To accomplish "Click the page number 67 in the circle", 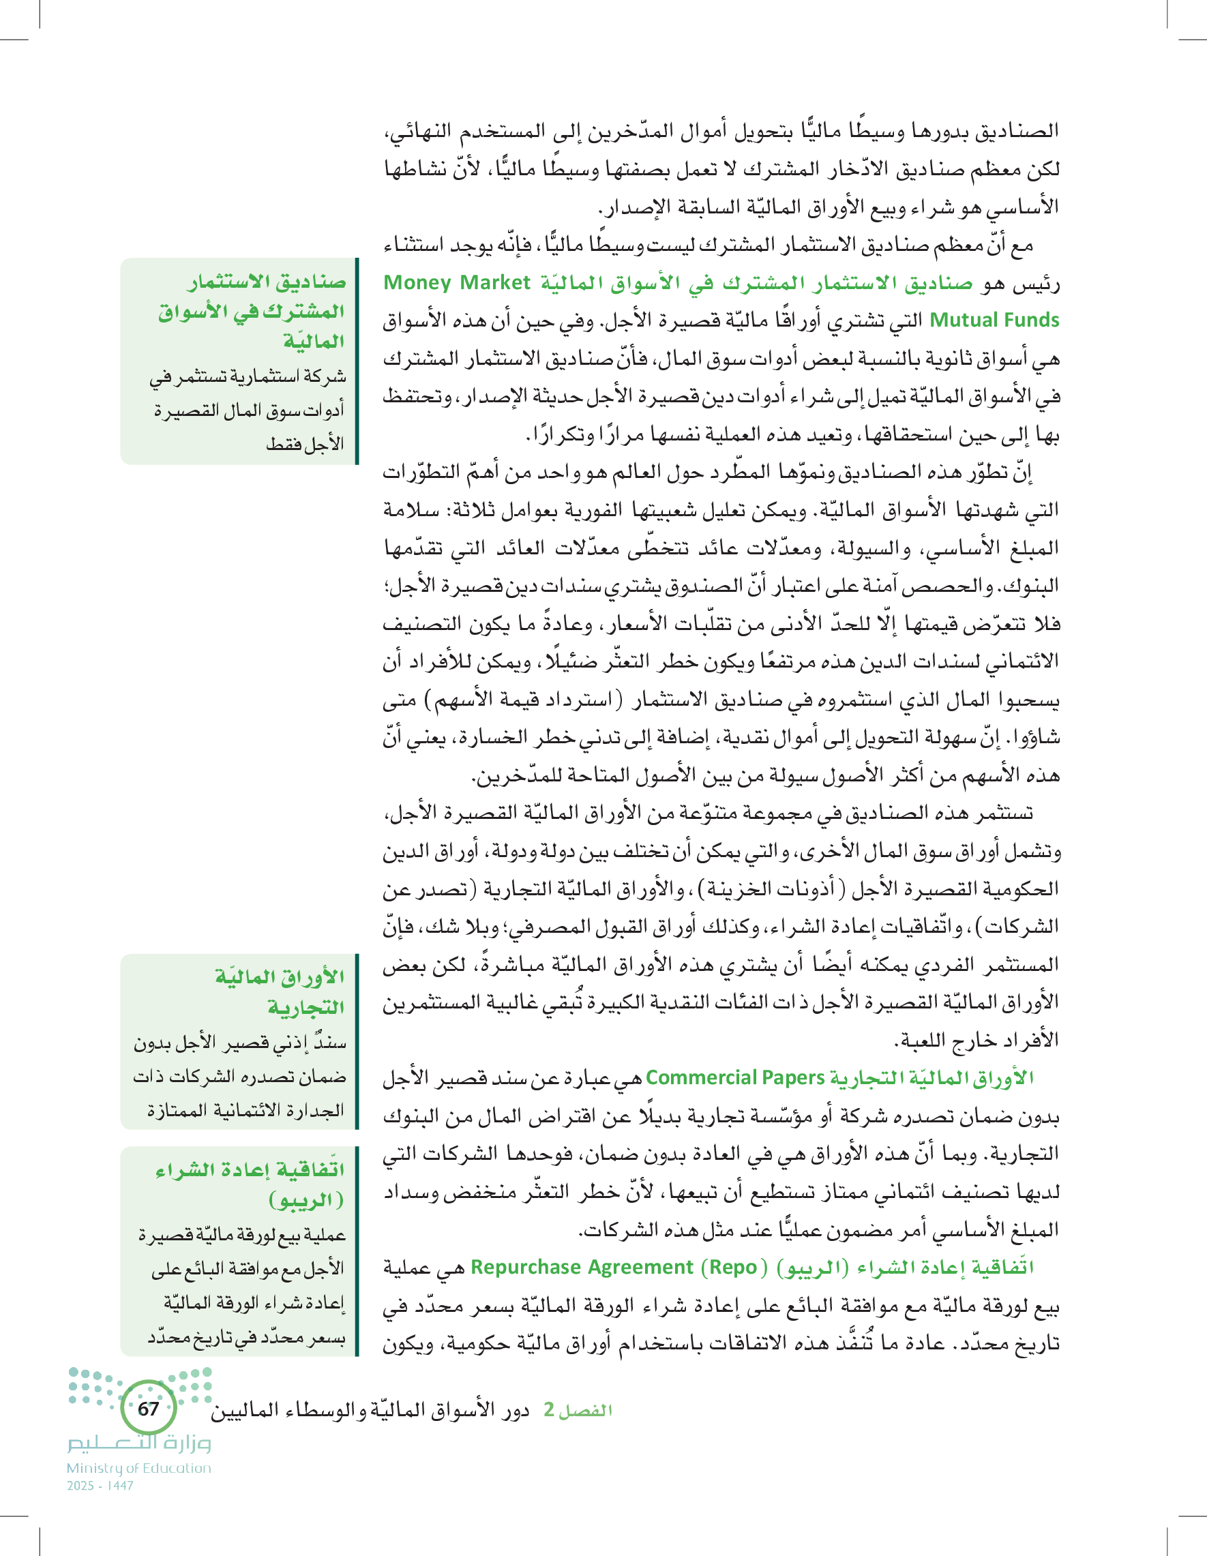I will pyautogui.click(x=148, y=1409).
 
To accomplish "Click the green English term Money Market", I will pyautogui.click(x=457, y=283).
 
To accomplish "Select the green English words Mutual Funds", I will pyautogui.click(x=995, y=320).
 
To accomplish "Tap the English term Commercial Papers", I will pyautogui.click(x=734, y=1078).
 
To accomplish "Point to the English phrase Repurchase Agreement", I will pyautogui.click(x=582, y=1268).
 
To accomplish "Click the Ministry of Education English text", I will pyautogui.click(x=139, y=1467).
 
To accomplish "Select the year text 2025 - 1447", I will pyautogui.click(x=100, y=1486).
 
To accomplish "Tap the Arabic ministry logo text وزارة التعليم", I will pyautogui.click(x=140, y=1443).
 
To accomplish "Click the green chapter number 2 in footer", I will pyautogui.click(x=549, y=1410).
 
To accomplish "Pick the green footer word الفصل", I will pyautogui.click(x=586, y=1410).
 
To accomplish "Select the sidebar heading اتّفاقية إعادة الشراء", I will pyautogui.click(x=250, y=1171).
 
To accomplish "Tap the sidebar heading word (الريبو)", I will pyautogui.click(x=306, y=1201).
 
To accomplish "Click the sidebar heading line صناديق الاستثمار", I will pyautogui.click(x=267, y=282).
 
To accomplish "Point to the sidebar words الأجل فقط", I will pyautogui.click(x=305, y=444).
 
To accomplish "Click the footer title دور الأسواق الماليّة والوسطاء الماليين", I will pyautogui.click(x=370, y=1410).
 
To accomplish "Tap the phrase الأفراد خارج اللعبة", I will pyautogui.click(x=976, y=1041).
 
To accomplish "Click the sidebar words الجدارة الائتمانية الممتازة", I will pyautogui.click(x=245, y=1110).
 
